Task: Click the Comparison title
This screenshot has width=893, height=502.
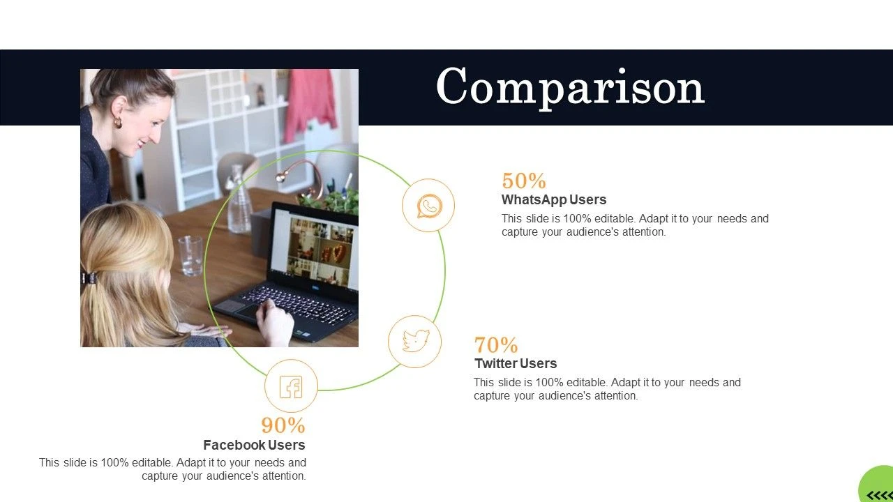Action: point(571,87)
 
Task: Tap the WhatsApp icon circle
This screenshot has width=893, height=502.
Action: point(428,205)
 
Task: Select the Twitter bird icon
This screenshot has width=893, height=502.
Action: point(415,341)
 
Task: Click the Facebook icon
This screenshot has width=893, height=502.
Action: point(291,386)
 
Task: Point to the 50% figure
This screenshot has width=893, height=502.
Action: point(524,181)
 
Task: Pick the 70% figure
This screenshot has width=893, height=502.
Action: point(496,344)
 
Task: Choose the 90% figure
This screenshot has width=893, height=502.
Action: point(283,425)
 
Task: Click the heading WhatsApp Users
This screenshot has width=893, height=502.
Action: point(554,199)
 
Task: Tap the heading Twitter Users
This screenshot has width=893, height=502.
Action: point(516,363)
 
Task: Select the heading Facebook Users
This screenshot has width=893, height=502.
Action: point(255,445)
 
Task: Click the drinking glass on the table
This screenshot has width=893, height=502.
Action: point(190,255)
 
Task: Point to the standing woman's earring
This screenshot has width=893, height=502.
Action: point(118,122)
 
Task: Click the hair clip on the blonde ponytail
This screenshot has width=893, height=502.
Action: point(89,277)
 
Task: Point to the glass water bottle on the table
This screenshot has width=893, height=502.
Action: point(239,199)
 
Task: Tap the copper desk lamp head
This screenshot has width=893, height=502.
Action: point(281,176)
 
